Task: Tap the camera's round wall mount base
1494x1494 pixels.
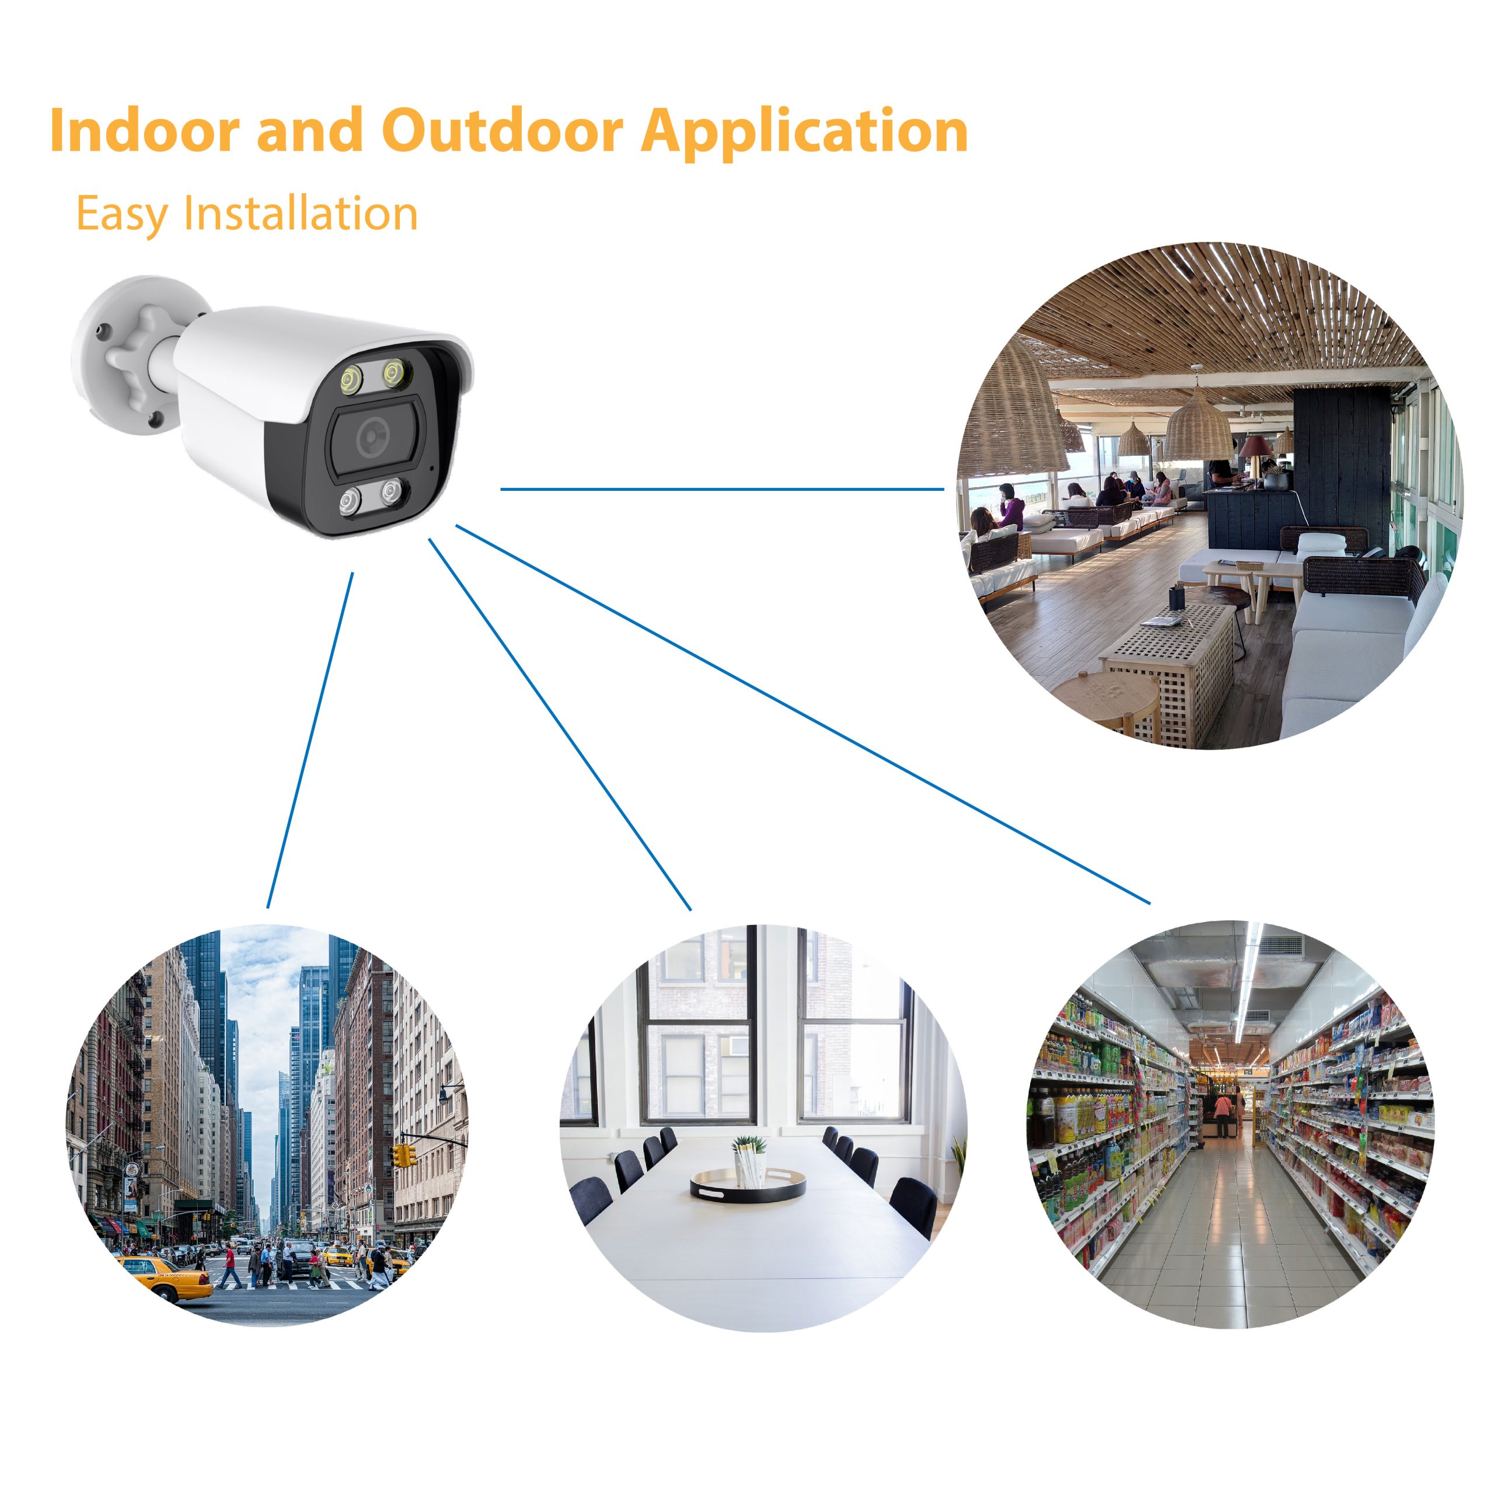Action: click(124, 356)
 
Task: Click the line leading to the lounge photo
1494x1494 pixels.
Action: click(722, 488)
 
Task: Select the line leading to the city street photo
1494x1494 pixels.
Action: click(310, 740)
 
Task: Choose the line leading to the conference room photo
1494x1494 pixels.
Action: click(560, 725)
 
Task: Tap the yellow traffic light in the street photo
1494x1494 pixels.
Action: click(402, 1156)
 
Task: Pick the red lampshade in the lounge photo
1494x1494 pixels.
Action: click(1256, 445)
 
